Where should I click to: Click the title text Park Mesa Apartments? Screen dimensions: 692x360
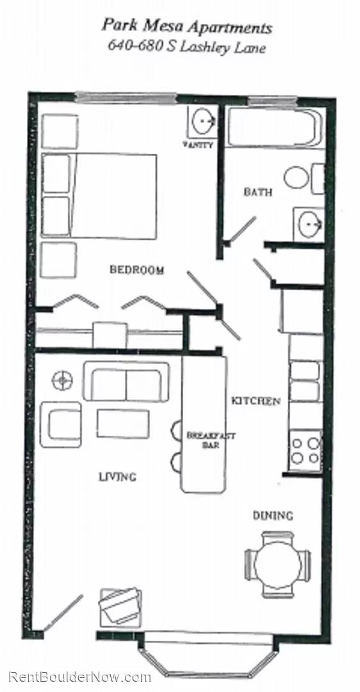(187, 28)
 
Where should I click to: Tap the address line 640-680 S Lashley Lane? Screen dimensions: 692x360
(187, 47)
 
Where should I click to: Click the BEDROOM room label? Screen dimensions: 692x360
(136, 270)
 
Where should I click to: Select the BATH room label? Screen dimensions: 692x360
(258, 192)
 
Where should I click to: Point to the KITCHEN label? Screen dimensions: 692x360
(256, 401)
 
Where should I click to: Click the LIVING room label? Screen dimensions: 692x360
(117, 477)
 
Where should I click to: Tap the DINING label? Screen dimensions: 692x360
(273, 515)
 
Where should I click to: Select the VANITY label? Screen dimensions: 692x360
(199, 145)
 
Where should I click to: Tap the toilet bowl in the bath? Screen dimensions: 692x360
(297, 177)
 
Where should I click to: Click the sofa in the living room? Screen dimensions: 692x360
(126, 382)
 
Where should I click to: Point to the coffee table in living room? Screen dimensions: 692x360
(123, 424)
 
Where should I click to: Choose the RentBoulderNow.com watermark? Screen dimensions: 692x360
(80, 677)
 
